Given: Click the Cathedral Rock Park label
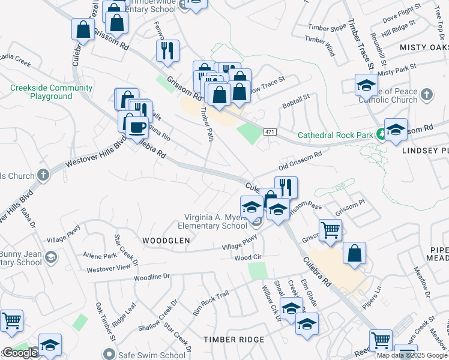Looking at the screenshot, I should (336, 136).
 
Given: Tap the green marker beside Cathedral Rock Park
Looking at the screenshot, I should (381, 135).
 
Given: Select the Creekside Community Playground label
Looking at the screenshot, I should (52, 92).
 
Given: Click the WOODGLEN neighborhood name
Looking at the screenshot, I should (166, 240).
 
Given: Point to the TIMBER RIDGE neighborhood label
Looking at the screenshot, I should (234, 340).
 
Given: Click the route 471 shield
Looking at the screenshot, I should (271, 131).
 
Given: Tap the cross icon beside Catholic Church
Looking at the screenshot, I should (426, 94).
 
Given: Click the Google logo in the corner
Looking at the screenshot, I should (20, 353).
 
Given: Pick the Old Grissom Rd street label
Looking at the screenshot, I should (300, 159).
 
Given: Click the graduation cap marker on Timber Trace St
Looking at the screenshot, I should (366, 85).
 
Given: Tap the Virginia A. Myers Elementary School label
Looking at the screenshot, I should (212, 221).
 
